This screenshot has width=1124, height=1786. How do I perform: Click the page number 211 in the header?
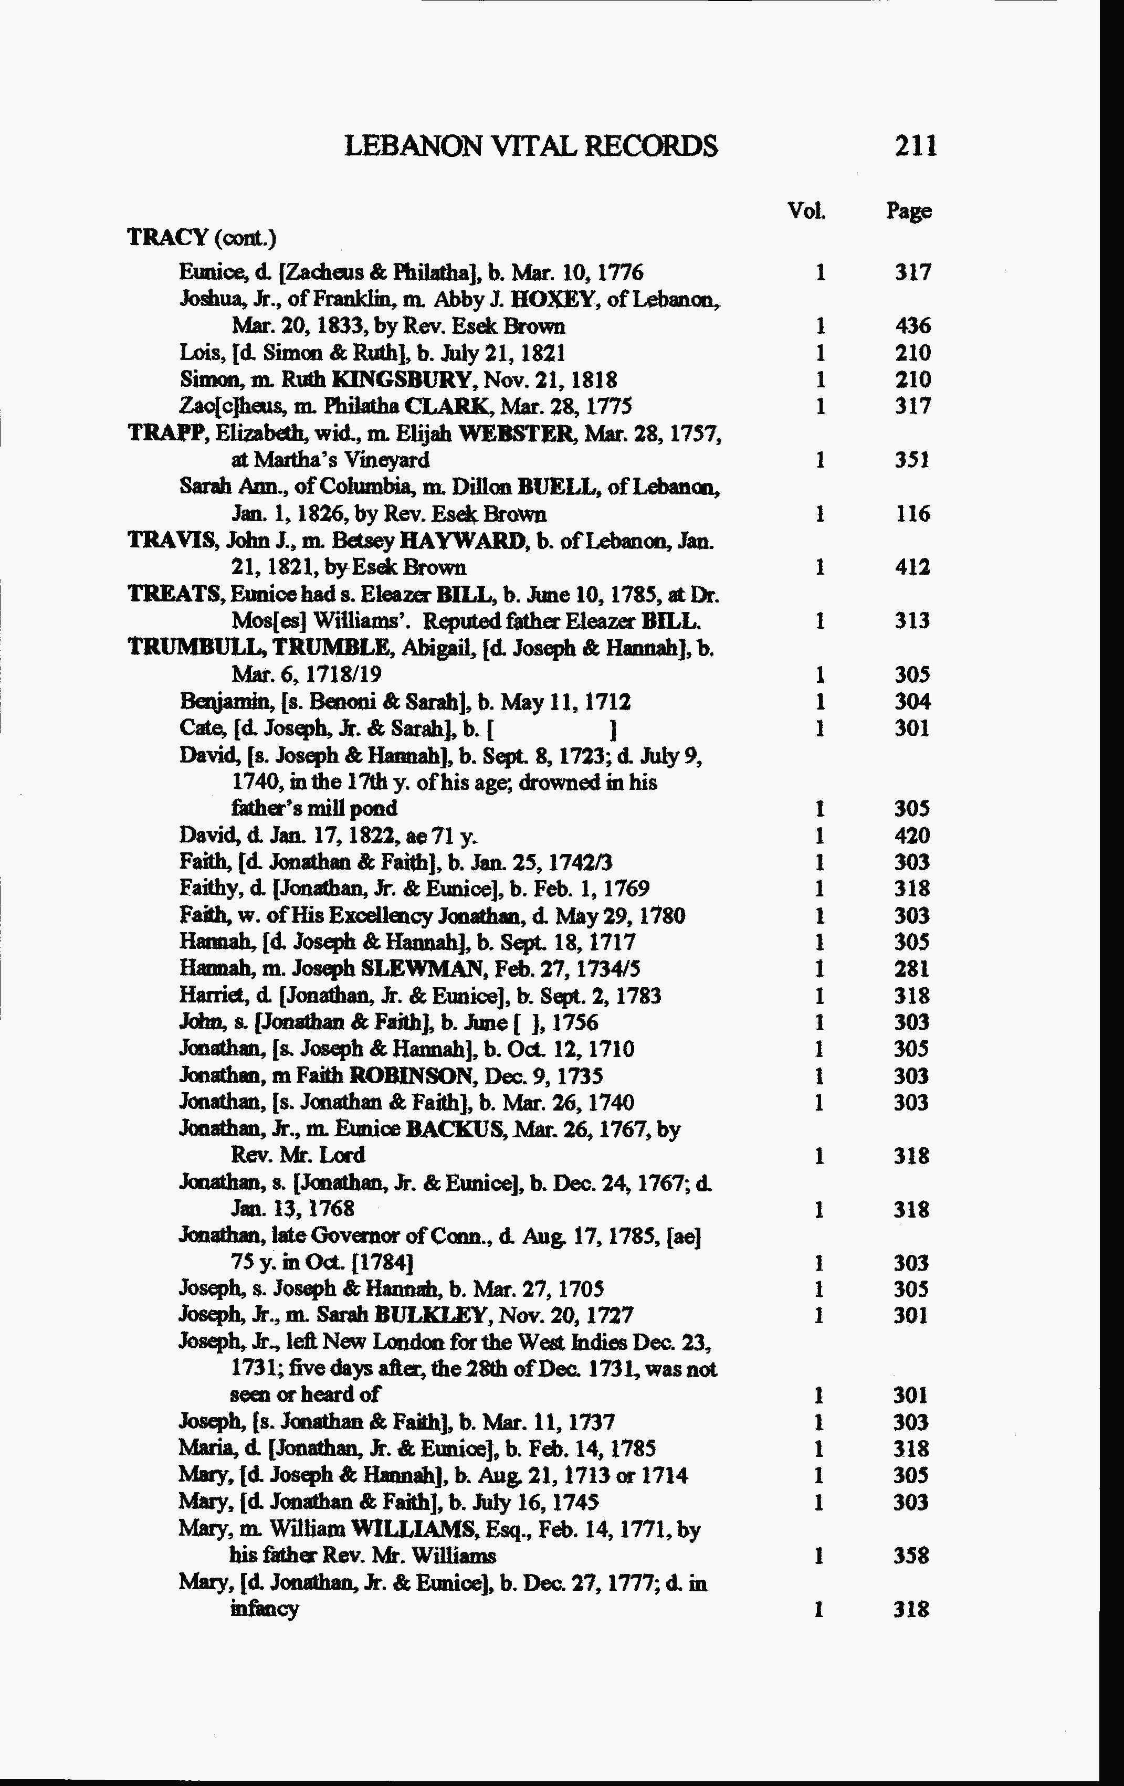coord(916,145)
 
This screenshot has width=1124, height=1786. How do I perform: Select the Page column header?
coord(909,212)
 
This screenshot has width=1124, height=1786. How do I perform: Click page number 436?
coord(912,325)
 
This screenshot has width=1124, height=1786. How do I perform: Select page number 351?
coord(912,460)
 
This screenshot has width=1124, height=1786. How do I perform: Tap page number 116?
coord(912,514)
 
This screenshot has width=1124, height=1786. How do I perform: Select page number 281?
coord(912,969)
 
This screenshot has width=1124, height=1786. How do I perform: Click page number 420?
coord(912,836)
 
